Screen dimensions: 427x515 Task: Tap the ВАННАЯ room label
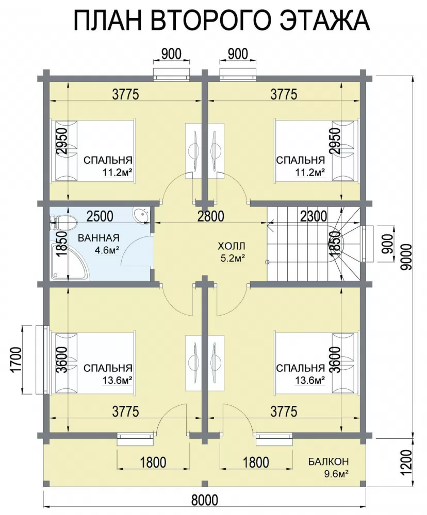coord(98,237)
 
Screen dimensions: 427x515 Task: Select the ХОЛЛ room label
coord(232,246)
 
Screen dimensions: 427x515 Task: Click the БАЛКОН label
coord(329,461)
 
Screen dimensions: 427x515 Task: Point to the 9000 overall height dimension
coord(407,257)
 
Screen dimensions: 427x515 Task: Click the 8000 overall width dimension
coord(205,500)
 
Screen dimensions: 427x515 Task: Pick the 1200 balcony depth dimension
coord(407,462)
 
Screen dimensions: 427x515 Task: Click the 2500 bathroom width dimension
coord(100,216)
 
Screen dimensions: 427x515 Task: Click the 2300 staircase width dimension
coord(314,216)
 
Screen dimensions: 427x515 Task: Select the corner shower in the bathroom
coord(69,261)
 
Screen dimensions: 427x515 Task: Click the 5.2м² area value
coord(233,259)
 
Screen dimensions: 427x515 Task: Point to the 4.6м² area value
coord(107,250)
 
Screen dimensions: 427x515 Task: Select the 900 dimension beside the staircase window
coord(389,244)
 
